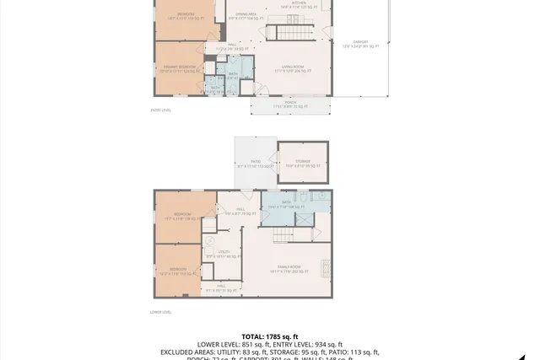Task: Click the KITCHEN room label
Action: [299, 3]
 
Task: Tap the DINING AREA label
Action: [246, 14]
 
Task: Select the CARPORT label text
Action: [360, 43]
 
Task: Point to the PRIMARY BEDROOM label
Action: [179, 67]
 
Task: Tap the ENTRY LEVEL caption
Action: [160, 110]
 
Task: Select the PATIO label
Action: [255, 162]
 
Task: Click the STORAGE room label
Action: [302, 161]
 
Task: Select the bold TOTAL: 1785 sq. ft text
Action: [269, 336]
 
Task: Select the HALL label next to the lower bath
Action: [240, 209]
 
